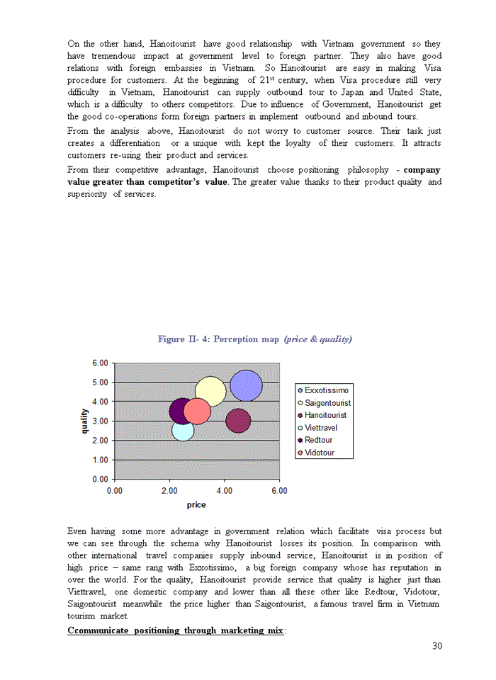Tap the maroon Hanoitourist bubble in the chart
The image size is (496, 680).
238,421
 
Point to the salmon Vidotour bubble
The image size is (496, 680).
198,411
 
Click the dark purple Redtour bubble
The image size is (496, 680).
179,410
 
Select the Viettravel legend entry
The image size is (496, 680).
320,428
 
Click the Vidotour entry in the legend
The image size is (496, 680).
319,453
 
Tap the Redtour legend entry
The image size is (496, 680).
318,440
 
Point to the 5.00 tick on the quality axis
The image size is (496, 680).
100,382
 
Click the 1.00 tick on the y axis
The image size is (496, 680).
100,460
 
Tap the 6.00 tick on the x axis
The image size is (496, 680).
279,490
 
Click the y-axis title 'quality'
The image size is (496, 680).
85,421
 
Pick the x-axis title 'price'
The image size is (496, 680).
196,505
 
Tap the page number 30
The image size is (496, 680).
436,645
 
